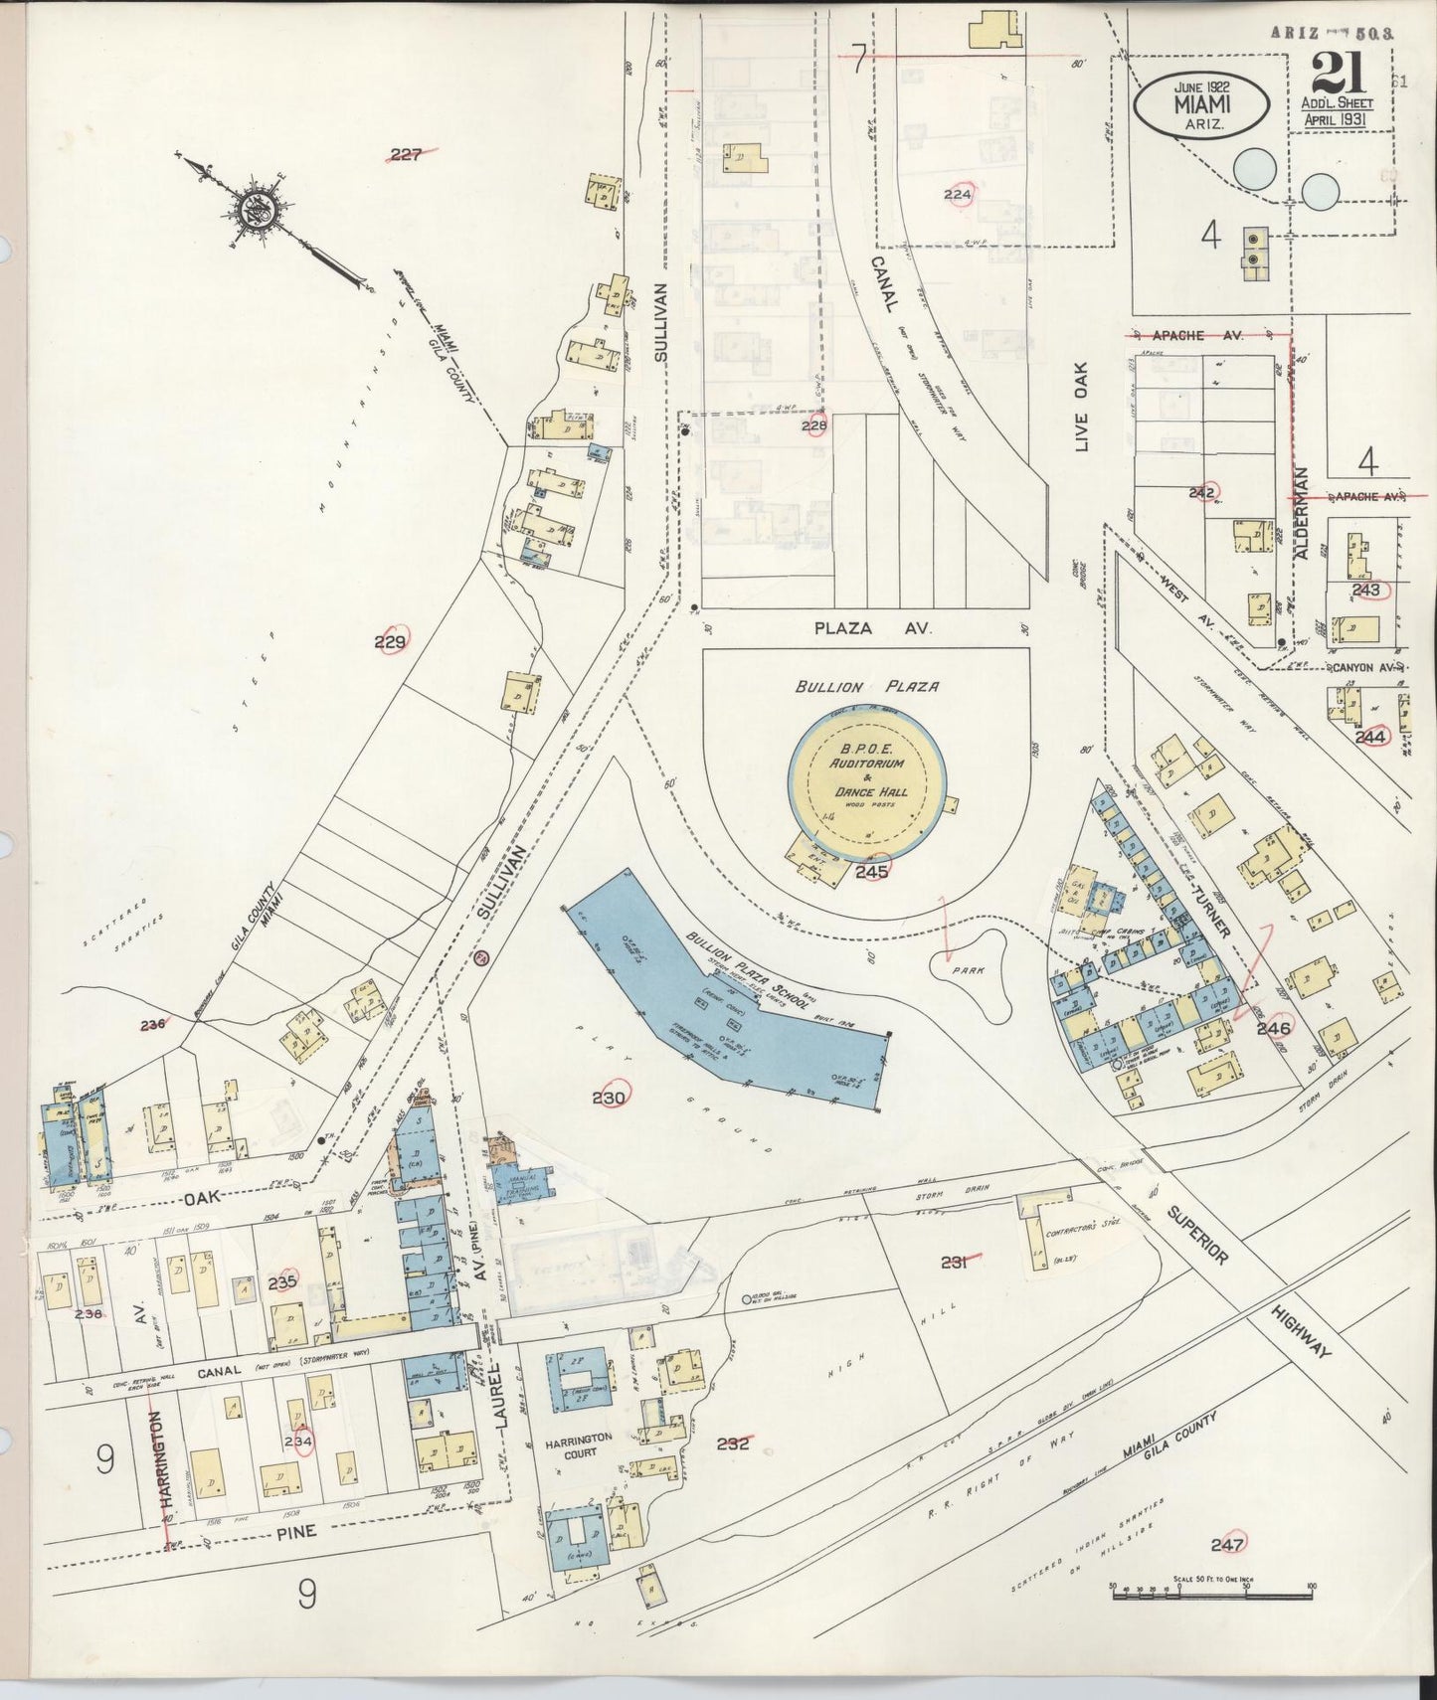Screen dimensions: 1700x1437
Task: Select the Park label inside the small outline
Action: point(967,969)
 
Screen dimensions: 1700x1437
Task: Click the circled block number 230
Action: point(609,1098)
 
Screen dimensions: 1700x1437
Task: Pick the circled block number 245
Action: point(871,872)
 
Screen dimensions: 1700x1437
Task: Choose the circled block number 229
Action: point(391,642)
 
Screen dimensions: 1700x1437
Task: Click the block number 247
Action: point(1228,1544)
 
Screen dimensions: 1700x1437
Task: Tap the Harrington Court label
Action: point(580,1445)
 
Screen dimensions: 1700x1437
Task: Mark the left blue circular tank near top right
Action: point(1255,168)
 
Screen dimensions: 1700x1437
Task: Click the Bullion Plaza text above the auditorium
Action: point(866,687)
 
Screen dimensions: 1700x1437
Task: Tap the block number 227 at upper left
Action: point(406,154)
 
